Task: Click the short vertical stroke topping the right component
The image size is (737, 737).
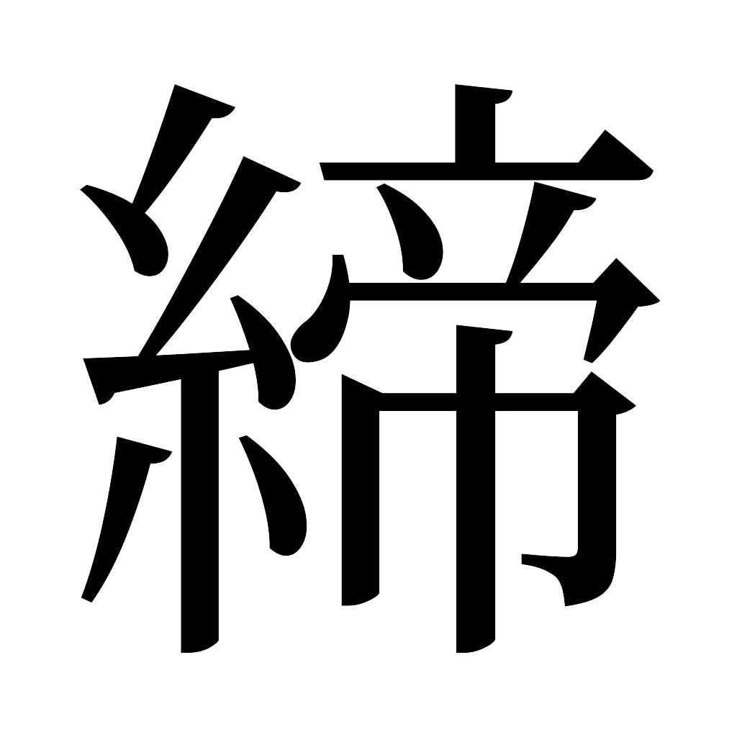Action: (476, 126)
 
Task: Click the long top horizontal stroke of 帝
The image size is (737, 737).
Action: (461, 172)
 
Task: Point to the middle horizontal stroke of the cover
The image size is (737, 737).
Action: (468, 292)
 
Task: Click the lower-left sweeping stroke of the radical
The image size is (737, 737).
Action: (119, 518)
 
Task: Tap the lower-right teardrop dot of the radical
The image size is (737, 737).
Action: (277, 504)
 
